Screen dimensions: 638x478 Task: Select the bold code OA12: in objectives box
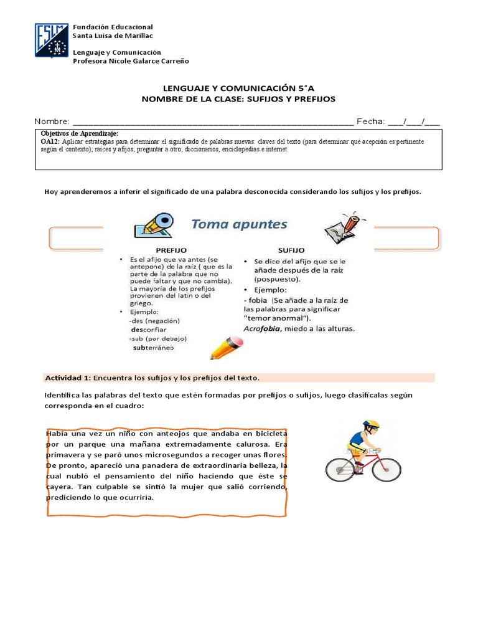(x=50, y=142)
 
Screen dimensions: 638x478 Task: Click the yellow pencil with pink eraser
(x=225, y=347)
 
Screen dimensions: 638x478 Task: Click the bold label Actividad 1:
(x=68, y=378)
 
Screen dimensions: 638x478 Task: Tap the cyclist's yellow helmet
(x=371, y=425)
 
